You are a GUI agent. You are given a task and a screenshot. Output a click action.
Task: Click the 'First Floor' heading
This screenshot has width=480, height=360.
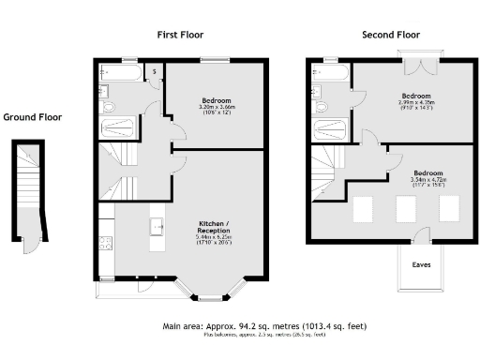(180, 35)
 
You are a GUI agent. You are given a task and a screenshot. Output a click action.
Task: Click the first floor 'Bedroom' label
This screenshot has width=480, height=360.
(216, 99)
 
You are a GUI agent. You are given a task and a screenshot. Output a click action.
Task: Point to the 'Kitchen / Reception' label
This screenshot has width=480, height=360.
(216, 227)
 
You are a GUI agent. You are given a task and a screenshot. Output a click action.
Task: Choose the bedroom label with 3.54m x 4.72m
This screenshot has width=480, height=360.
(427, 174)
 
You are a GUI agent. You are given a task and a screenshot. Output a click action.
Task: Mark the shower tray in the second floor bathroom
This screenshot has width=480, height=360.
(331, 127)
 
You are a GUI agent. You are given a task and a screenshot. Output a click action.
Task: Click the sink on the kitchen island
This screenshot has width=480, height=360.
(157, 225)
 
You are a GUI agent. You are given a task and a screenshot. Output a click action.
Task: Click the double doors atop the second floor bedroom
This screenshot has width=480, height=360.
(415, 66)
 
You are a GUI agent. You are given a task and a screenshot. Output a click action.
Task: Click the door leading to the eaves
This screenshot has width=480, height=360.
(421, 236)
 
